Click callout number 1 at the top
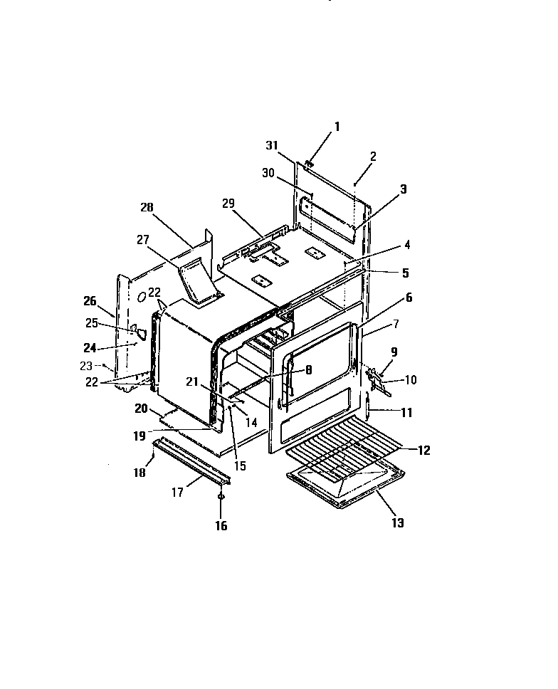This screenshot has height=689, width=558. (x=337, y=127)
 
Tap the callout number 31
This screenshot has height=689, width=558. (x=270, y=145)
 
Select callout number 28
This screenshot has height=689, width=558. (x=147, y=207)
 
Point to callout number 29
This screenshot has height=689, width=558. (x=228, y=204)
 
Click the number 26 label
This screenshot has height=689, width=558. (x=90, y=301)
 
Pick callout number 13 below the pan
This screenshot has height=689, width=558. (x=397, y=522)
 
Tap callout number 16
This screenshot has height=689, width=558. (x=221, y=526)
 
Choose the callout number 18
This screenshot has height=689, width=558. (x=140, y=472)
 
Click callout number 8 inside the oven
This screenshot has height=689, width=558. (x=309, y=369)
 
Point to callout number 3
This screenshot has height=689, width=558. (x=403, y=189)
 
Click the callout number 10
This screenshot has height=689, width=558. (x=411, y=380)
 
